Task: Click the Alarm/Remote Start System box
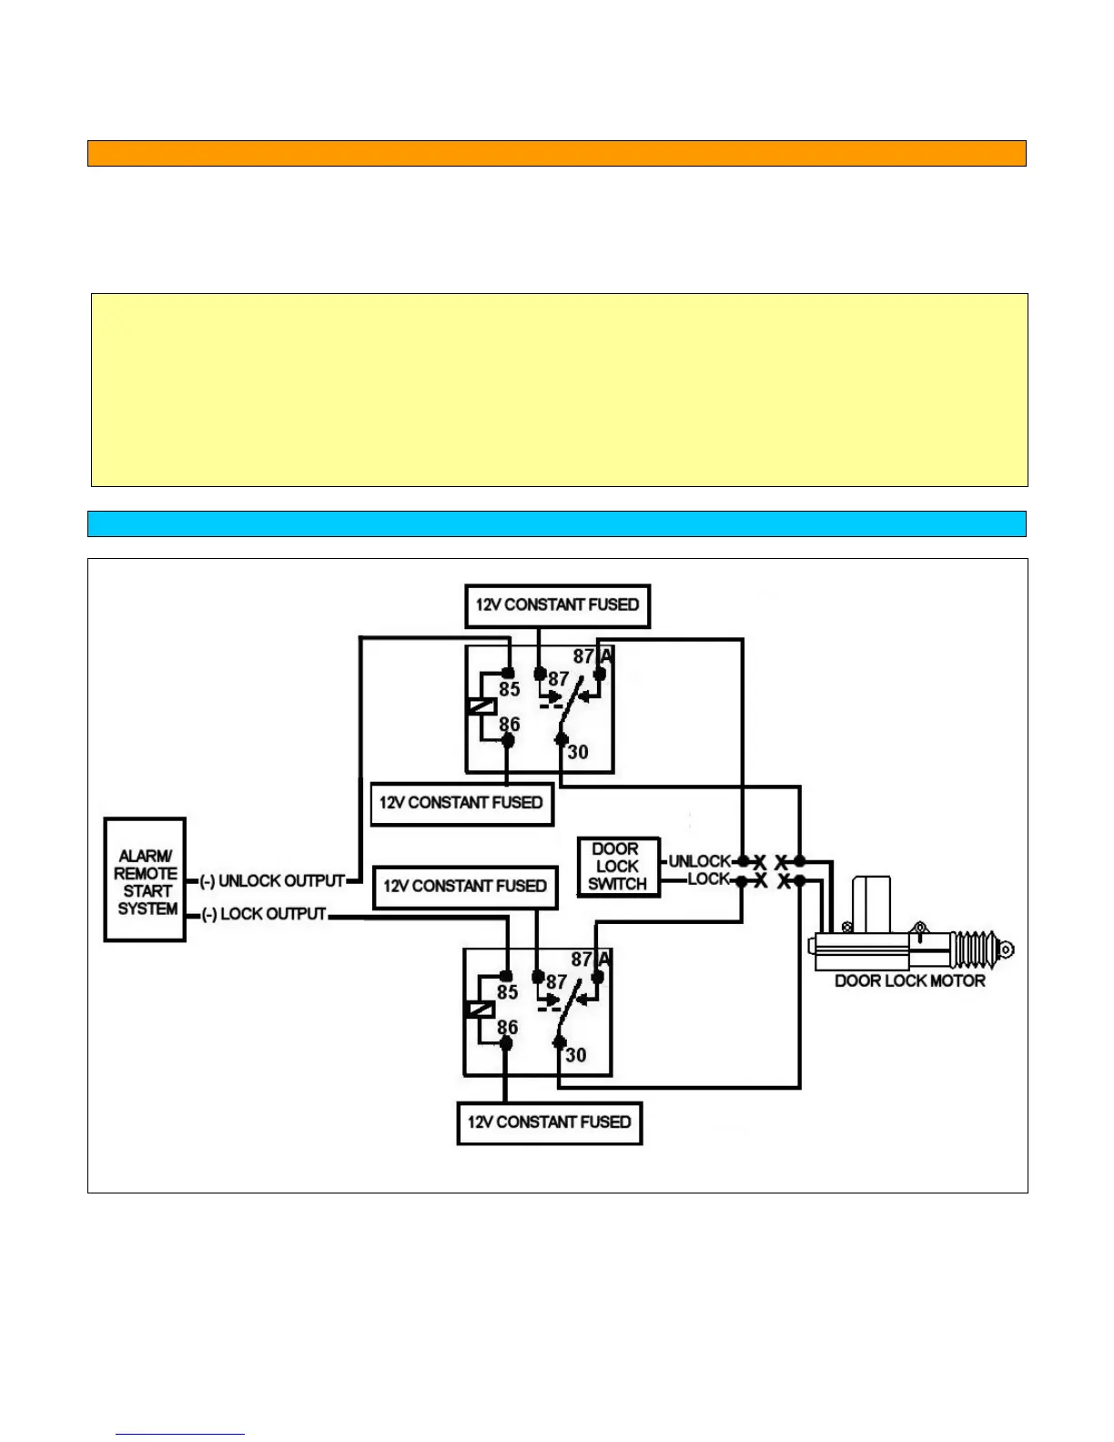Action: (x=146, y=880)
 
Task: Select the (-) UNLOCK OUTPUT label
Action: (x=273, y=881)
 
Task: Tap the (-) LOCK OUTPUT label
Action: (x=265, y=914)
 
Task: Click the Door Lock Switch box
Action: (x=618, y=867)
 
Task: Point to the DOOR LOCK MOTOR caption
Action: (x=910, y=981)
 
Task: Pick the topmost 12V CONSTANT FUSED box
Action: (x=557, y=605)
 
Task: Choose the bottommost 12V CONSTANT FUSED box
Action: (x=549, y=1122)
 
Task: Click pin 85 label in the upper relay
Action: (x=510, y=690)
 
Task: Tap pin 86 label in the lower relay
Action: (x=508, y=1028)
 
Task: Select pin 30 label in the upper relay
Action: (x=578, y=753)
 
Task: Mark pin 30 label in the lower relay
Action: (x=576, y=1056)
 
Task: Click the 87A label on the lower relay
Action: (x=592, y=960)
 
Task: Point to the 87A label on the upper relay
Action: (x=593, y=656)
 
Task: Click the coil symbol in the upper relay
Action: (x=481, y=706)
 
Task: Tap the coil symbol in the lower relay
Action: (x=480, y=1010)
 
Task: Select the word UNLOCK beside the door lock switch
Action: (x=699, y=861)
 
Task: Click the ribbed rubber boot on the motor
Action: (x=974, y=950)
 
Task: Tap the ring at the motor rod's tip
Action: (x=1006, y=950)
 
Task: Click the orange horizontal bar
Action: (x=556, y=153)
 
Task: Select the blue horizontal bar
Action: (x=556, y=523)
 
